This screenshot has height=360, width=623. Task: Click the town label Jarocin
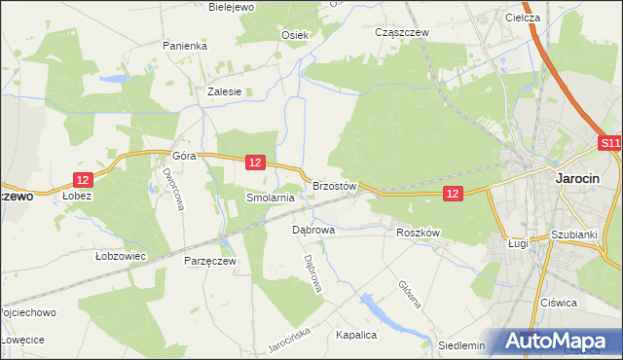[x=576, y=178]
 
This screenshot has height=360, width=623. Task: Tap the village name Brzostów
[x=336, y=185]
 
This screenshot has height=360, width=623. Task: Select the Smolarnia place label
[x=270, y=197]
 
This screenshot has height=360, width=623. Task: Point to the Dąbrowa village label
[x=313, y=231]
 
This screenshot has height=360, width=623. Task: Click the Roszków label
[x=419, y=233]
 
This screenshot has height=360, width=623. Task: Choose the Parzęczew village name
[x=210, y=261]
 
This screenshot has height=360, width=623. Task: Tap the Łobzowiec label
[x=120, y=256]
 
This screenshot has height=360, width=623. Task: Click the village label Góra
[x=185, y=156]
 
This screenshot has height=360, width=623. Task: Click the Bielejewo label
[x=232, y=7]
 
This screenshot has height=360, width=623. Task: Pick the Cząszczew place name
[x=402, y=32]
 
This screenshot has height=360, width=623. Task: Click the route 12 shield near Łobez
[x=83, y=179]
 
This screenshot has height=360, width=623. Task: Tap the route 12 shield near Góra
[x=254, y=162]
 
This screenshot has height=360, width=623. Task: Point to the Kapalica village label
[x=355, y=334]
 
